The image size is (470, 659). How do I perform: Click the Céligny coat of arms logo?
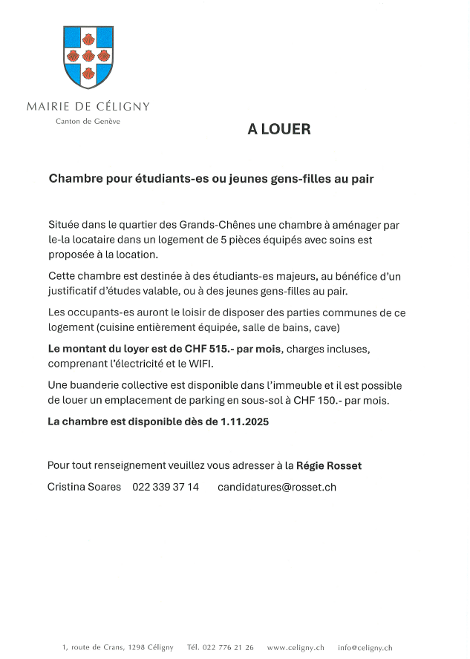point(88,56)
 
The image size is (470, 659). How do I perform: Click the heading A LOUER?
point(279,129)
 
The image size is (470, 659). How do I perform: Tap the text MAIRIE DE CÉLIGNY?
point(88,106)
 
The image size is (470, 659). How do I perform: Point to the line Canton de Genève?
point(88,121)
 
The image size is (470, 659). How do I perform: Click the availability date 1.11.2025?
point(244,422)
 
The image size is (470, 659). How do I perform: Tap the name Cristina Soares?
point(84,487)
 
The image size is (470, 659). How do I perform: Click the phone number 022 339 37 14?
point(166,487)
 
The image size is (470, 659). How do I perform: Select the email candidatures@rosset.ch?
point(277,487)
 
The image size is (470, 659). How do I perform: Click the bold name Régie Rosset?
point(329,466)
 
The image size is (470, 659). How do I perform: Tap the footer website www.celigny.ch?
point(296,647)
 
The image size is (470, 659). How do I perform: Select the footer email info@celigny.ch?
point(365,647)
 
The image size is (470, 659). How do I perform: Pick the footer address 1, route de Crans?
point(93,647)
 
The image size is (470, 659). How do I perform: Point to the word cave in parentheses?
point(324,327)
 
